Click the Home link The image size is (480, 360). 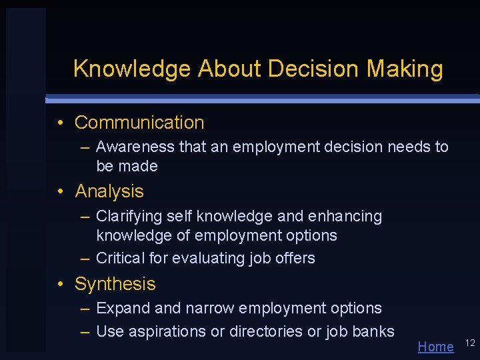[x=435, y=347]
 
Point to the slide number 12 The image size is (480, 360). [x=469, y=343]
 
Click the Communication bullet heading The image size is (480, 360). [x=139, y=123]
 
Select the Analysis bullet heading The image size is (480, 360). [x=109, y=191]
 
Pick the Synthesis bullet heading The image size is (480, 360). [x=115, y=284]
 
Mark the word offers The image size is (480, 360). [x=295, y=258]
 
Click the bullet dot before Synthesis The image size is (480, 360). [x=61, y=284]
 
